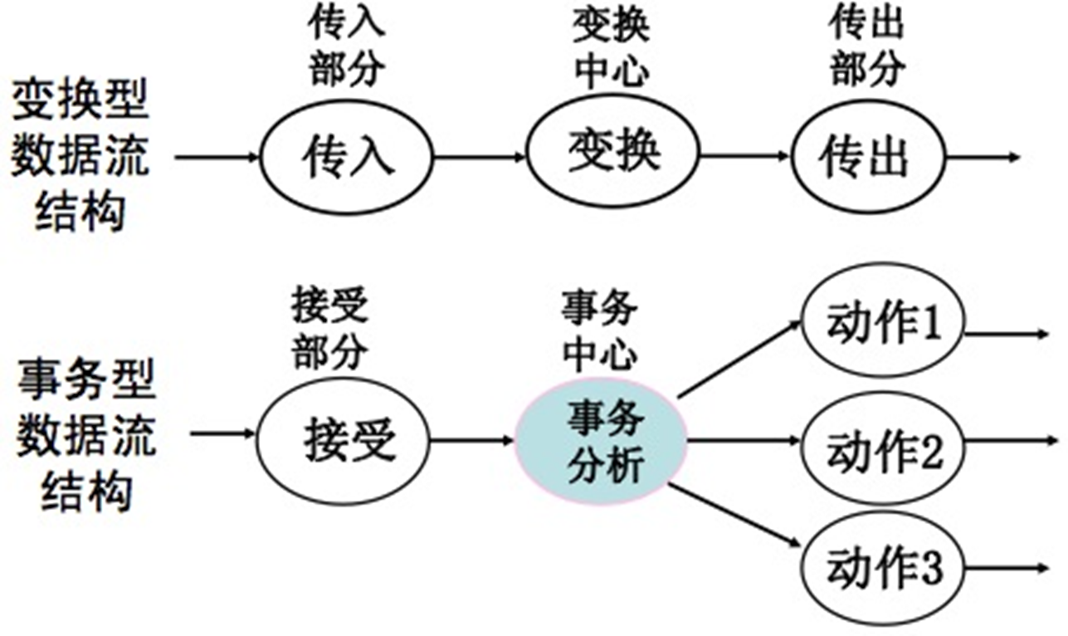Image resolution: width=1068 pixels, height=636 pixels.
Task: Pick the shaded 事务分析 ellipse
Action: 602,441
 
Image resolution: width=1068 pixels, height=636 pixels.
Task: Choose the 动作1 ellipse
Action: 883,326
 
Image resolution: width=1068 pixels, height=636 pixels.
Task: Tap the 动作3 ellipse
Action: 883,568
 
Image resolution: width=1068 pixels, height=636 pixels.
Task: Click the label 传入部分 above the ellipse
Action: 347,48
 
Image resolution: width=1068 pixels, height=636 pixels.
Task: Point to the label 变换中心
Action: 612,48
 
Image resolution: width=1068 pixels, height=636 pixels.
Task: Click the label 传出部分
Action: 866,48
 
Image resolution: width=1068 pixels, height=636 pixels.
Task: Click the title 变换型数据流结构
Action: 80,158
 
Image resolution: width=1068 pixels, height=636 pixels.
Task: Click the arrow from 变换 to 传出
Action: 744,155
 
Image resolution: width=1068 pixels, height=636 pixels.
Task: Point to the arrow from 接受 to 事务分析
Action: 472,438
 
